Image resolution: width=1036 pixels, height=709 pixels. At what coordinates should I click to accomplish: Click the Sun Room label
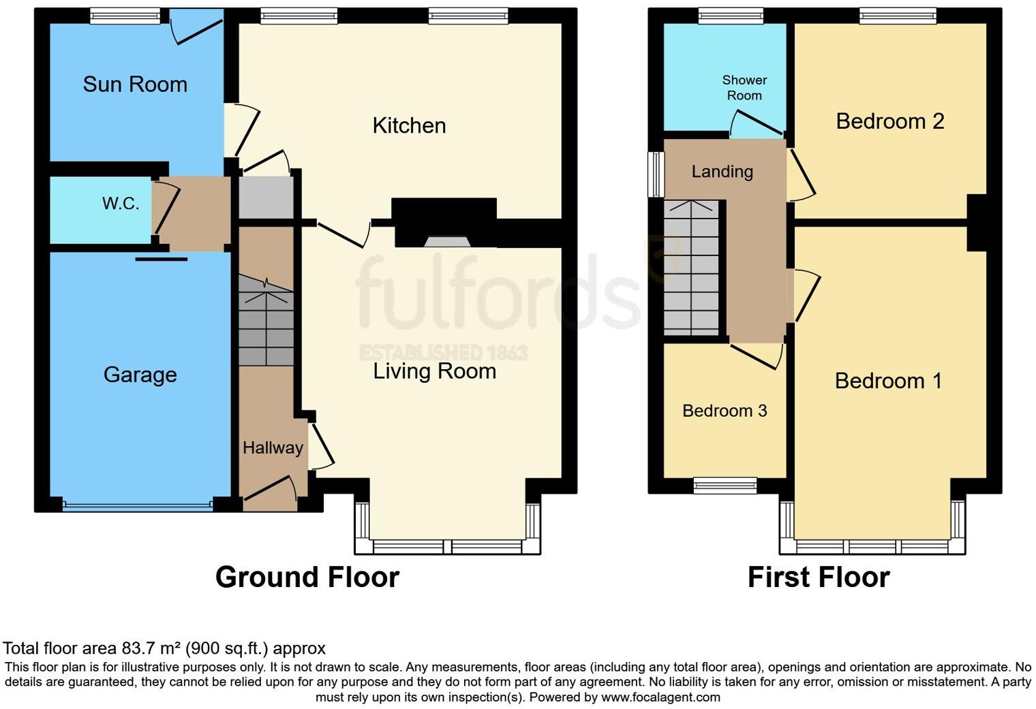click(135, 84)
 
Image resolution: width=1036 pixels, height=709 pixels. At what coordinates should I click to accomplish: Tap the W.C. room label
click(121, 204)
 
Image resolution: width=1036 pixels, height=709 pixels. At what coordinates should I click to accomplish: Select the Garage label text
click(140, 375)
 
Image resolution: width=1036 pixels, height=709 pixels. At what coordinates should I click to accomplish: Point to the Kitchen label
click(409, 125)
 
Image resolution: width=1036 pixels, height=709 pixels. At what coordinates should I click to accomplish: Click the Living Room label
click(434, 371)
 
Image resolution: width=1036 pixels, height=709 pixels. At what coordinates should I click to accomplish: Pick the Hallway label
click(273, 447)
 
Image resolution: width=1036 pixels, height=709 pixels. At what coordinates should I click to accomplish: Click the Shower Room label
click(744, 88)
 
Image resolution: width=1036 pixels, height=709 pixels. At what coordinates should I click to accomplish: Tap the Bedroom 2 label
click(889, 121)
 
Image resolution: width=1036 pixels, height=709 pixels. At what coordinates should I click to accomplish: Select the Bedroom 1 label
click(888, 381)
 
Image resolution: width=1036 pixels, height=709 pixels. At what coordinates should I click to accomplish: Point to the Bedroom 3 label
click(725, 411)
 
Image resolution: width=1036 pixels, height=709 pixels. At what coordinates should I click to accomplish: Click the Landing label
click(722, 172)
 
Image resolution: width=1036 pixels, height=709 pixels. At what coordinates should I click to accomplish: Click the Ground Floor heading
click(307, 577)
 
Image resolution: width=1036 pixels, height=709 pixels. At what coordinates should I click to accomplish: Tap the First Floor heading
click(818, 577)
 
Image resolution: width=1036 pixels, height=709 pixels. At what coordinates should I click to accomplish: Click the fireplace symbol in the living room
click(446, 241)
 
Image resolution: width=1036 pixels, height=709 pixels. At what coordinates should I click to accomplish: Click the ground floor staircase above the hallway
click(266, 320)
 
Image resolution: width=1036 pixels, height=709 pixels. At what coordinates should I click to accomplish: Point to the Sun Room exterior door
click(198, 27)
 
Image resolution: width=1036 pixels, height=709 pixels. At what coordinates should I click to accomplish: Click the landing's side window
click(656, 174)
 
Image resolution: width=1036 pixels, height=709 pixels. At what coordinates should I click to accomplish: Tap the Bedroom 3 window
click(725, 485)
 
